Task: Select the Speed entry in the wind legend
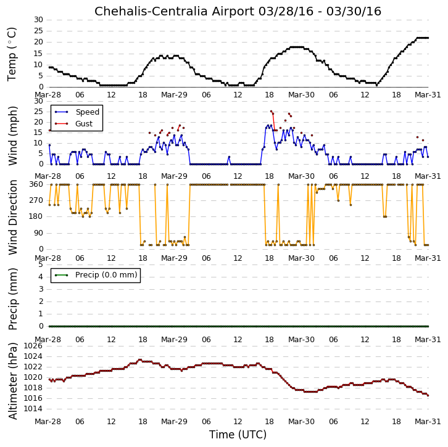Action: (x=88, y=112)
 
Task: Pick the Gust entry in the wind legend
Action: (x=84, y=123)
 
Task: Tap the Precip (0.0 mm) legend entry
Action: (x=106, y=275)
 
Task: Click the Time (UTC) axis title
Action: (x=238, y=435)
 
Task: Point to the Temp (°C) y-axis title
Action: (x=12, y=54)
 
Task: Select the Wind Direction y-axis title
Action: (x=13, y=217)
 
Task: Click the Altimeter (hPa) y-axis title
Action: (x=13, y=381)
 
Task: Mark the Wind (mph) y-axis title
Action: (x=13, y=136)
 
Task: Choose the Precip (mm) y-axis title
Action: (x=13, y=299)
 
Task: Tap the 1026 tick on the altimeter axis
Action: (x=33, y=346)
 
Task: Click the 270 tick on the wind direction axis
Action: (x=36, y=200)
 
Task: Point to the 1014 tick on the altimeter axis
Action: (x=33, y=409)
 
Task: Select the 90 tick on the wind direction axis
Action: (x=39, y=233)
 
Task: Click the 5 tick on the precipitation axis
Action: (x=41, y=265)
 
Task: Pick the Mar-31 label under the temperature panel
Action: (x=428, y=95)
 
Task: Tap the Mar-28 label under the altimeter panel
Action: (x=48, y=422)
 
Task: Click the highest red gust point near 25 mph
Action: (x=271, y=112)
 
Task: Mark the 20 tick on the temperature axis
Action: (x=39, y=42)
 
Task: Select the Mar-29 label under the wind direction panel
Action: (x=174, y=258)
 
